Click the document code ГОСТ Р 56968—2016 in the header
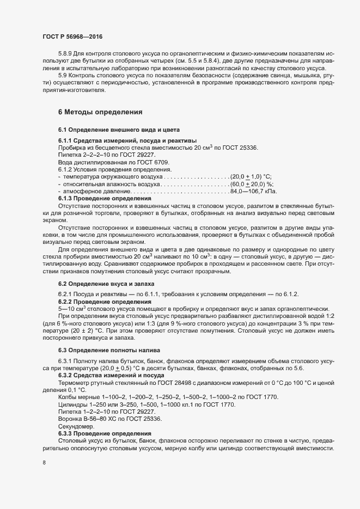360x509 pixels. pos(72,36)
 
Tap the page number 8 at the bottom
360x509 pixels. pos(44,463)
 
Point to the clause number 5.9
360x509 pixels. pos(63,76)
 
